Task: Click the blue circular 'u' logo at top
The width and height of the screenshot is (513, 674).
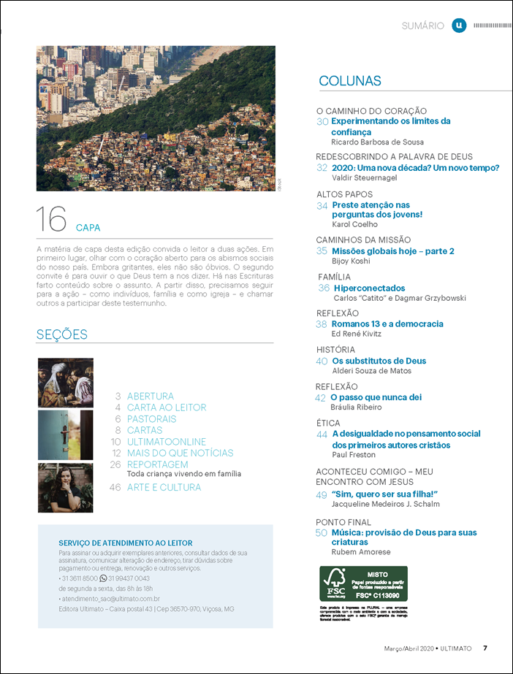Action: point(458,26)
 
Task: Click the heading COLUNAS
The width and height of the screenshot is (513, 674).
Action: point(350,81)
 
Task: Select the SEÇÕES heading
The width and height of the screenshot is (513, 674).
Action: point(62,334)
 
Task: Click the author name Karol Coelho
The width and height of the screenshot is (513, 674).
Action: point(354,225)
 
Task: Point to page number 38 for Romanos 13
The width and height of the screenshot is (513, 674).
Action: point(322,324)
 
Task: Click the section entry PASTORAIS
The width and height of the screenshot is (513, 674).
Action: point(151,419)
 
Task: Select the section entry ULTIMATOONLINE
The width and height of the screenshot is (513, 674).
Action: point(167,442)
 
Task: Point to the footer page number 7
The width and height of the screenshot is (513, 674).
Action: point(485,648)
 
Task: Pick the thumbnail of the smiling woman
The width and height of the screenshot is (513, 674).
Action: point(65,487)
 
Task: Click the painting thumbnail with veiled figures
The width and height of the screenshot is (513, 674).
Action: point(65,382)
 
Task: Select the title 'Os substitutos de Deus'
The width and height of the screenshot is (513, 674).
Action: point(379,361)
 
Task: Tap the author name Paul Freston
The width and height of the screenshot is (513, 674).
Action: point(354,455)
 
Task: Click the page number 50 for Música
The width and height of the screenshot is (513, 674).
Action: point(322,533)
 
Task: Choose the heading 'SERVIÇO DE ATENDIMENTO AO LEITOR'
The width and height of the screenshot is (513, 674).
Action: point(125,543)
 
